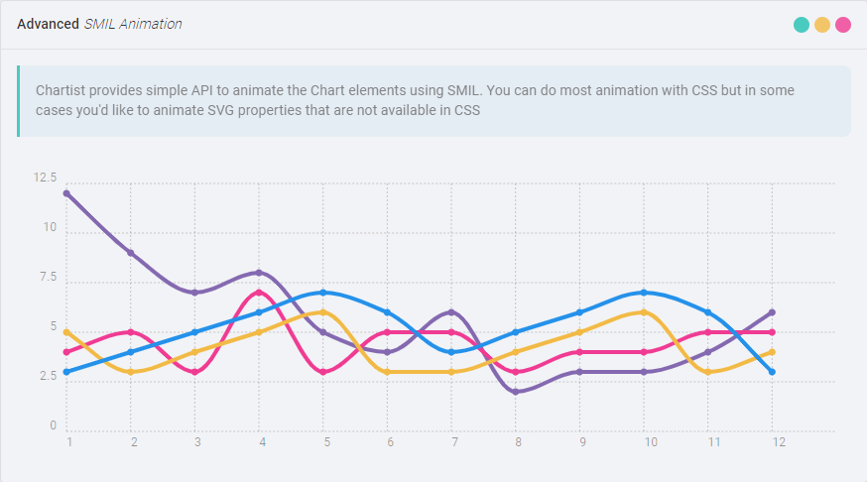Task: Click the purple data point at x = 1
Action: coord(66,193)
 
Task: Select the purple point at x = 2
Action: coord(131,253)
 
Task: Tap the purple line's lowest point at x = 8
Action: coord(516,392)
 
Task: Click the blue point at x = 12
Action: coord(772,372)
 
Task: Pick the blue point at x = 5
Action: coord(323,293)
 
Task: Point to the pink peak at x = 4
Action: coord(259,293)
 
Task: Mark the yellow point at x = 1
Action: coord(66,332)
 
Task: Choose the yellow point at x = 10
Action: coord(644,312)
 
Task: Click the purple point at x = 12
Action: coord(772,312)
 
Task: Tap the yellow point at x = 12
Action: coord(772,352)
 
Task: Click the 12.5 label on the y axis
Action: coord(46,179)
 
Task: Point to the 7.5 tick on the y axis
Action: coord(48,278)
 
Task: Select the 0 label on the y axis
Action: coord(53,426)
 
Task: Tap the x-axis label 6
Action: coord(390,442)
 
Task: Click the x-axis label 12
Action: coord(779,442)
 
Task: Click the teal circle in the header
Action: coord(802,25)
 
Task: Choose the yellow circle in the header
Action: coord(822,25)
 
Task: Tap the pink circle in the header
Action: coord(843,25)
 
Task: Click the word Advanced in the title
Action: coord(48,24)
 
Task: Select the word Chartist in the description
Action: coord(60,90)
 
